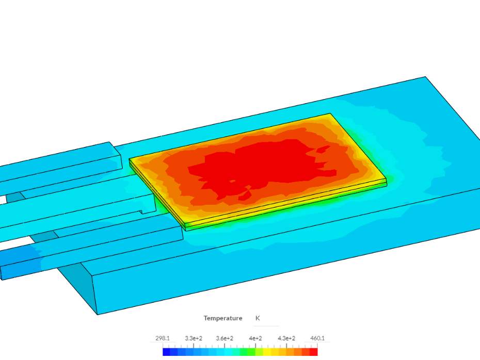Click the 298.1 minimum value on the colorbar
(162, 338)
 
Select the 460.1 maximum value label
(317, 338)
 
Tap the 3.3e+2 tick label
(194, 338)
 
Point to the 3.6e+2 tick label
(225, 338)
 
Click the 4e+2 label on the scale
(255, 338)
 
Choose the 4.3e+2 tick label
(286, 338)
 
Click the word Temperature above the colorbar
(223, 318)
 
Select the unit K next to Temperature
(258, 318)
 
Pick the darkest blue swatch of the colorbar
(166, 352)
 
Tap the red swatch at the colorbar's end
(314, 352)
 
